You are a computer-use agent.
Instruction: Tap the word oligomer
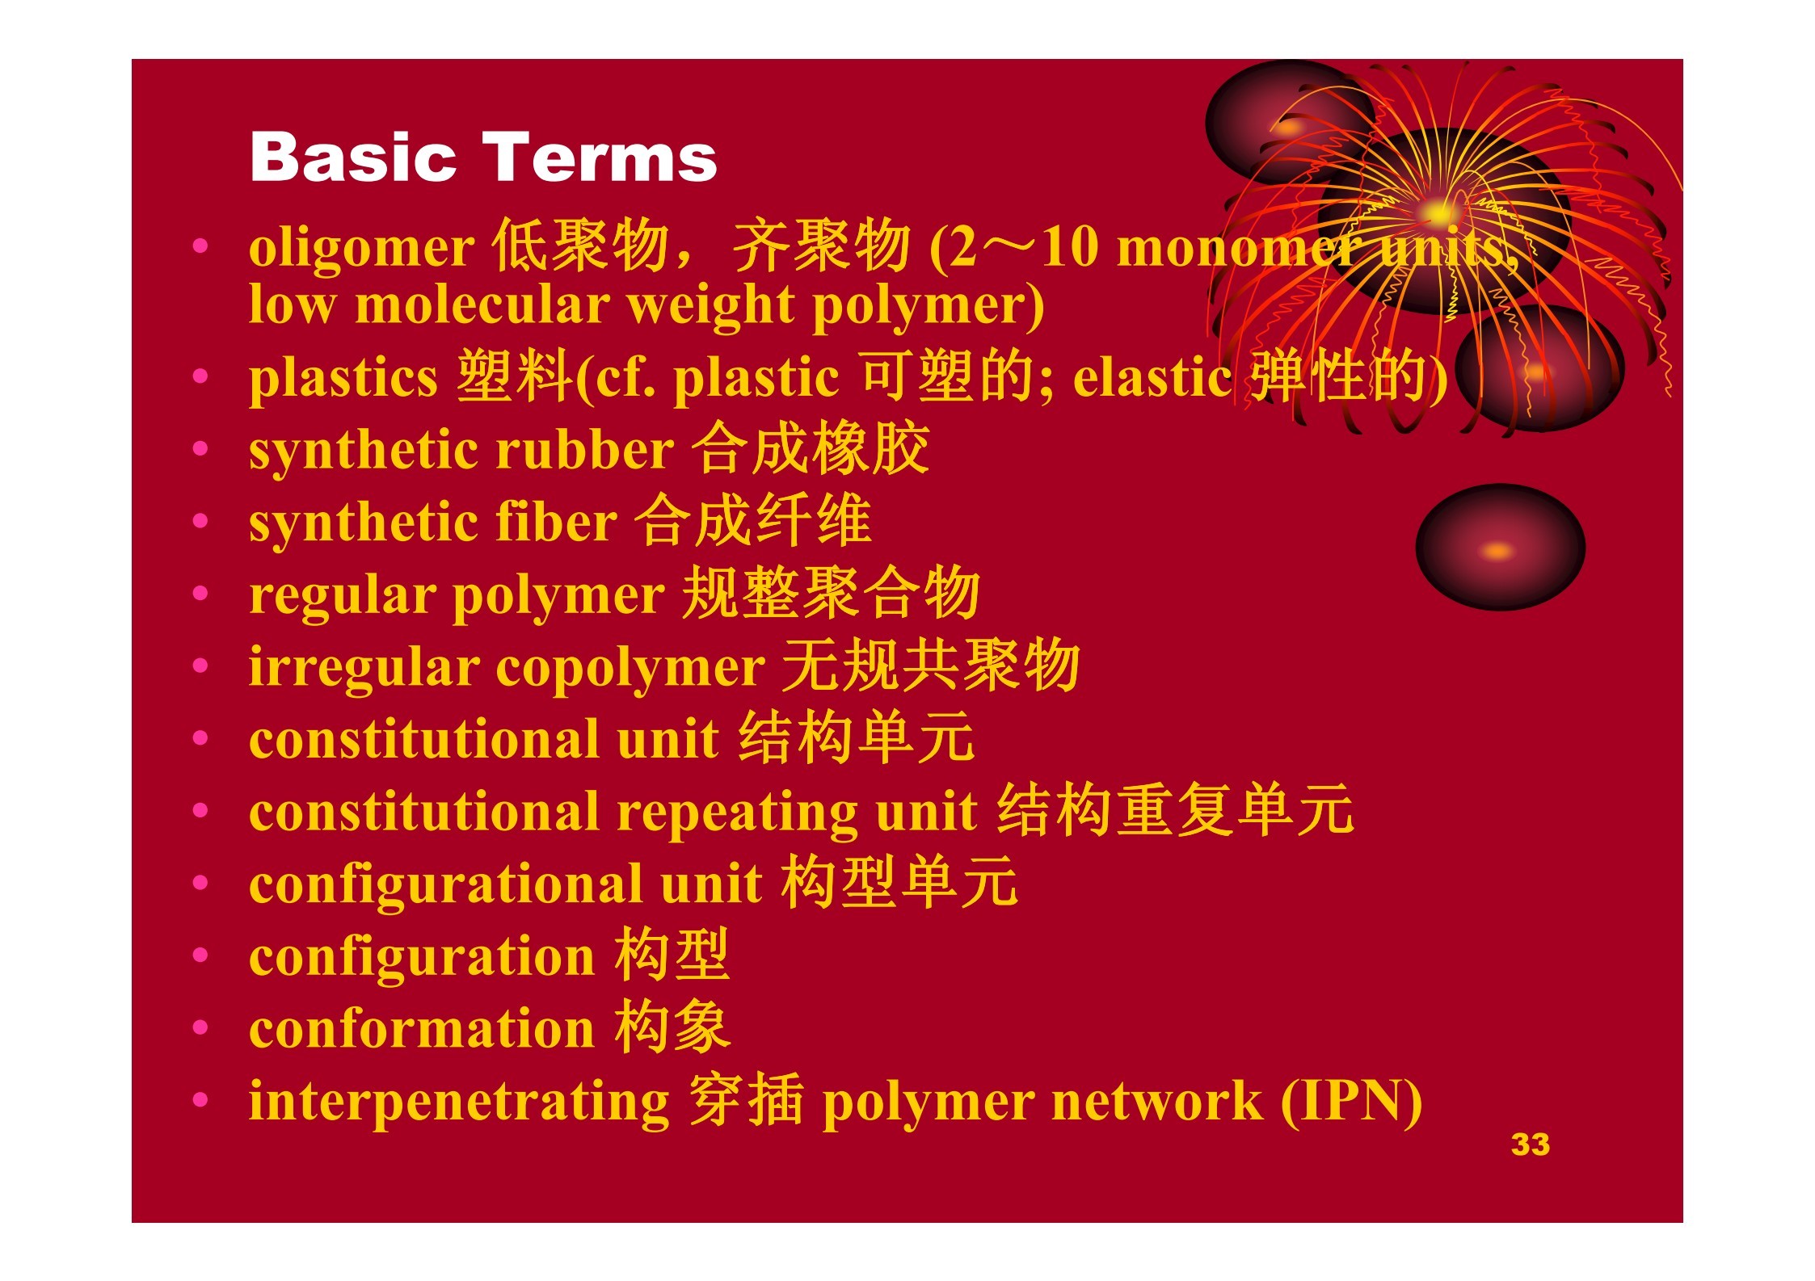(361, 248)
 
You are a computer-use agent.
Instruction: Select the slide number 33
(1530, 1144)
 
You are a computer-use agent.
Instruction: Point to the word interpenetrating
(459, 1102)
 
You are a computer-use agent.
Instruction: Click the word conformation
(422, 1029)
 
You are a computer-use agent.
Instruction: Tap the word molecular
(482, 304)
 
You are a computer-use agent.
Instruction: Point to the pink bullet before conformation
(200, 1027)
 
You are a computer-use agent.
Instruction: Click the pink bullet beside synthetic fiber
(200, 521)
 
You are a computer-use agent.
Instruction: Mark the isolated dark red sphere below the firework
(1500, 547)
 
